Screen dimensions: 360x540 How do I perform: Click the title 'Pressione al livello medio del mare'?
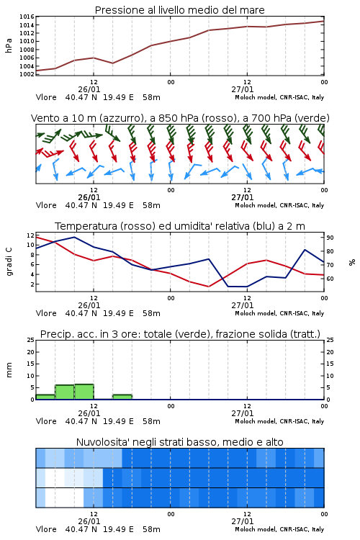tap(179, 10)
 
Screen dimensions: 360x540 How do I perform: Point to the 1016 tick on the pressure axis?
tap(27, 17)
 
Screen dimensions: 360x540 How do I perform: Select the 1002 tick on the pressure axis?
tap(27, 74)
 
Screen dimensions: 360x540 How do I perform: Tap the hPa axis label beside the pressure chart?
tap(9, 45)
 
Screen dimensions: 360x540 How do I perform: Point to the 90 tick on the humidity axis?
tap(330, 238)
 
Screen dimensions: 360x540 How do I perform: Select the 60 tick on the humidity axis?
tap(330, 279)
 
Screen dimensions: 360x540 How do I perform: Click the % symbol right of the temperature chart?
tap(352, 262)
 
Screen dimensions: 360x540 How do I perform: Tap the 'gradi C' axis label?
tap(9, 261)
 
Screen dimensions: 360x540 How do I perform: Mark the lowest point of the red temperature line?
tap(208, 287)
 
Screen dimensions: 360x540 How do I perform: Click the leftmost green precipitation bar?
tap(45, 397)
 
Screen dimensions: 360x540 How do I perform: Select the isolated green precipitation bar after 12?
tap(122, 397)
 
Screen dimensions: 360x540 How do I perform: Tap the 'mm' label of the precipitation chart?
tap(9, 370)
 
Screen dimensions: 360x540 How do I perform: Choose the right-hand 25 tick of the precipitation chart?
tap(330, 340)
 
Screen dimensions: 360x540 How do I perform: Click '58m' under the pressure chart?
tap(152, 97)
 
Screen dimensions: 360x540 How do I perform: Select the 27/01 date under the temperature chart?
tap(243, 305)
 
